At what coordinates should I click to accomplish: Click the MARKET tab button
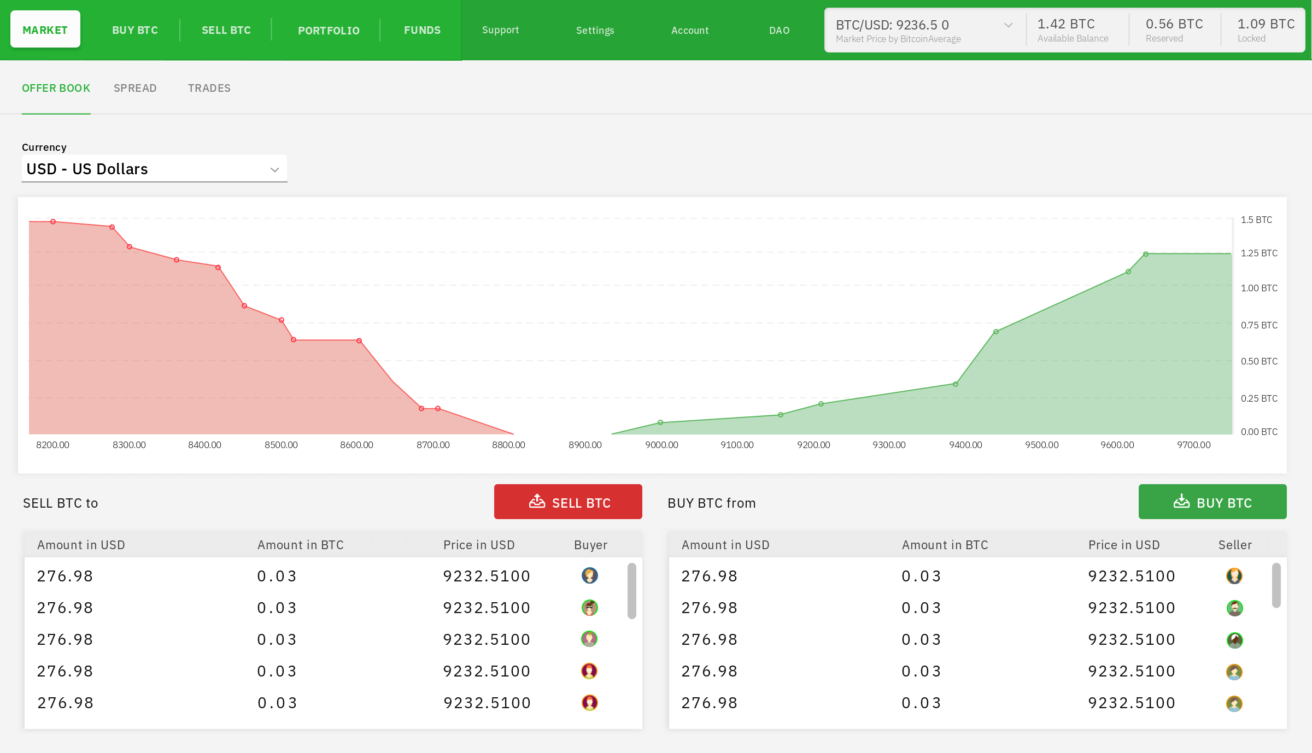coord(45,30)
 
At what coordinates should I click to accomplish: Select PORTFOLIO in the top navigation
coord(329,31)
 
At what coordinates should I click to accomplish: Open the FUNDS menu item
coord(422,30)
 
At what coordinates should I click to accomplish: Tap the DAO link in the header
coord(779,31)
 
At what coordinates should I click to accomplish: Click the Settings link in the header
coord(595,31)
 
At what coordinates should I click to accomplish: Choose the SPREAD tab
coord(135,88)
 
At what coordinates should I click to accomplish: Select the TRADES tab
coord(209,88)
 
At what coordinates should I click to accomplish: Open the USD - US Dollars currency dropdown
coord(154,169)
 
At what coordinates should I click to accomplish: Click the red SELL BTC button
coord(568,502)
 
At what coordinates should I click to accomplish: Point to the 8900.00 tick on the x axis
coord(585,445)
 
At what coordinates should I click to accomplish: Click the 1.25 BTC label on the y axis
coord(1259,253)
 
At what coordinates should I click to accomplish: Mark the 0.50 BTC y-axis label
coord(1259,361)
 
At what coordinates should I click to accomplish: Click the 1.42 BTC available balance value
coord(1066,24)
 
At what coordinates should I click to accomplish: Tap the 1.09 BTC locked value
coord(1266,24)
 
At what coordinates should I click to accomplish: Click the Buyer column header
coord(590,545)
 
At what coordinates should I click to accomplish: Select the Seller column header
coord(1235,545)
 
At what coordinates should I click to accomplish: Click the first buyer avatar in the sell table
coord(589,575)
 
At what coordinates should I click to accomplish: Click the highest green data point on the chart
coord(1146,254)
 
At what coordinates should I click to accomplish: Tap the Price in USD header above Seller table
coord(1124,545)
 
